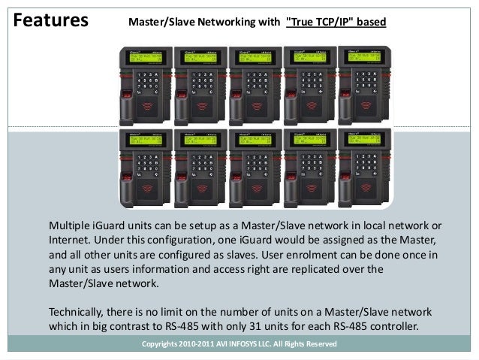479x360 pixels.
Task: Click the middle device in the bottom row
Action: point(253,167)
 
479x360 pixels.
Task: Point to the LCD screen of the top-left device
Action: point(148,59)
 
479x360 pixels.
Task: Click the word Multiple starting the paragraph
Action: point(71,225)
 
